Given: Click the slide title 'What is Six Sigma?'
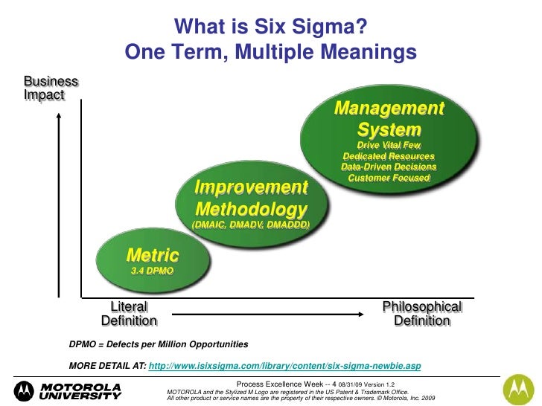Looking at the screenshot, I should [270, 28].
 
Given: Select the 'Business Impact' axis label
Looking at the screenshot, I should [51, 88].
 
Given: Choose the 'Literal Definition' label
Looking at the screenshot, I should [129, 314].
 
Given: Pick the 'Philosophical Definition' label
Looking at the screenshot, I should [421, 314].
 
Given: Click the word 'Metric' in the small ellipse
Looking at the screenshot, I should [153, 255].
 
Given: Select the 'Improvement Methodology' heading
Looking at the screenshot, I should [251, 198].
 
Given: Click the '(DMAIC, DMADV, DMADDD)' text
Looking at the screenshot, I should [251, 224].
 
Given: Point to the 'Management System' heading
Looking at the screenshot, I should [389, 119].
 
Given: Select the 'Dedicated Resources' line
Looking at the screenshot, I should [389, 156].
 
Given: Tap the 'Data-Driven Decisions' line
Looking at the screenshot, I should [389, 167].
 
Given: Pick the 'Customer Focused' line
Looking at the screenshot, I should [389, 178].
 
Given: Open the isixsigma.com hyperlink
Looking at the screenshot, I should [285, 366].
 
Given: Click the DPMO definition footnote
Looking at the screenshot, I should [159, 346].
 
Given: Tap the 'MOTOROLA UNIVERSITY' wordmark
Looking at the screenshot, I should [80, 391].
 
